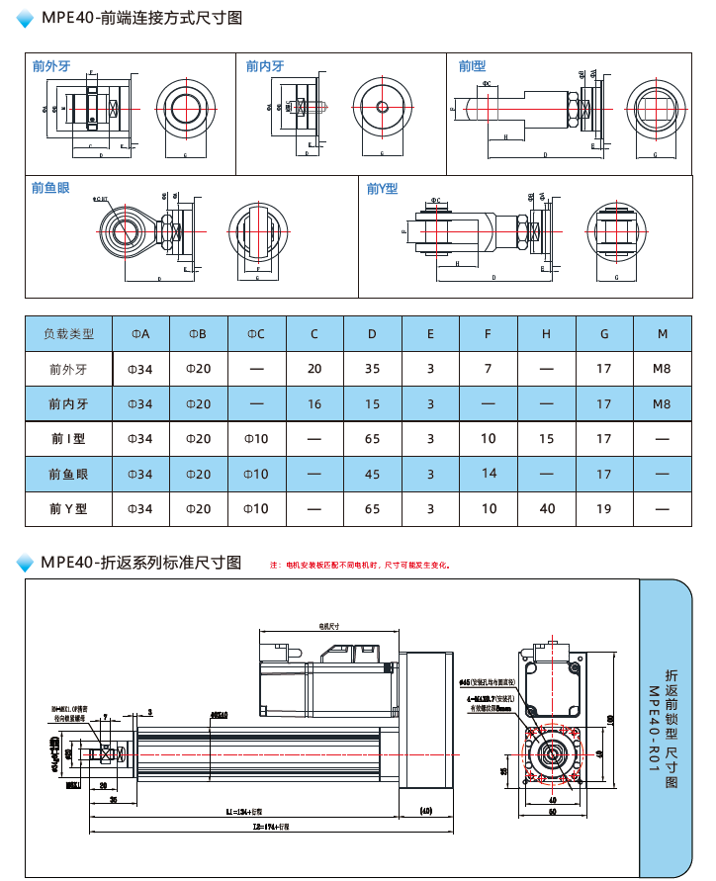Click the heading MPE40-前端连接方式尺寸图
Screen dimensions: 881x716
coord(140,17)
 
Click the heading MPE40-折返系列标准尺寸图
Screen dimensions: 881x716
coord(140,563)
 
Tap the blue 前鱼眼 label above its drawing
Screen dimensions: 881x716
coord(50,188)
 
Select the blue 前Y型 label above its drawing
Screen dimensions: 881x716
coord(382,188)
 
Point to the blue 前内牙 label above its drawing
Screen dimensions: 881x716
coord(264,66)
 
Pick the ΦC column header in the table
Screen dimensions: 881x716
coord(256,334)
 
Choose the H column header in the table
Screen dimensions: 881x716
coord(546,334)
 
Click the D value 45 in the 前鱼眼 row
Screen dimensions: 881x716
coord(372,475)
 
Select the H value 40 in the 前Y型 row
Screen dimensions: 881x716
coord(546,509)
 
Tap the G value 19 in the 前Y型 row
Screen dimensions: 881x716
coord(604,509)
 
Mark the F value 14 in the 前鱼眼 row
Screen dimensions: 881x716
coord(489,474)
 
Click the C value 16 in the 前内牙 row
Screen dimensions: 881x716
coord(314,404)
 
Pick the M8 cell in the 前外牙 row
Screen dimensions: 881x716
coord(662,369)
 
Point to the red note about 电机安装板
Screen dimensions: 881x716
coord(362,566)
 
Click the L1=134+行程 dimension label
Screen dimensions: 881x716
coord(243,811)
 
